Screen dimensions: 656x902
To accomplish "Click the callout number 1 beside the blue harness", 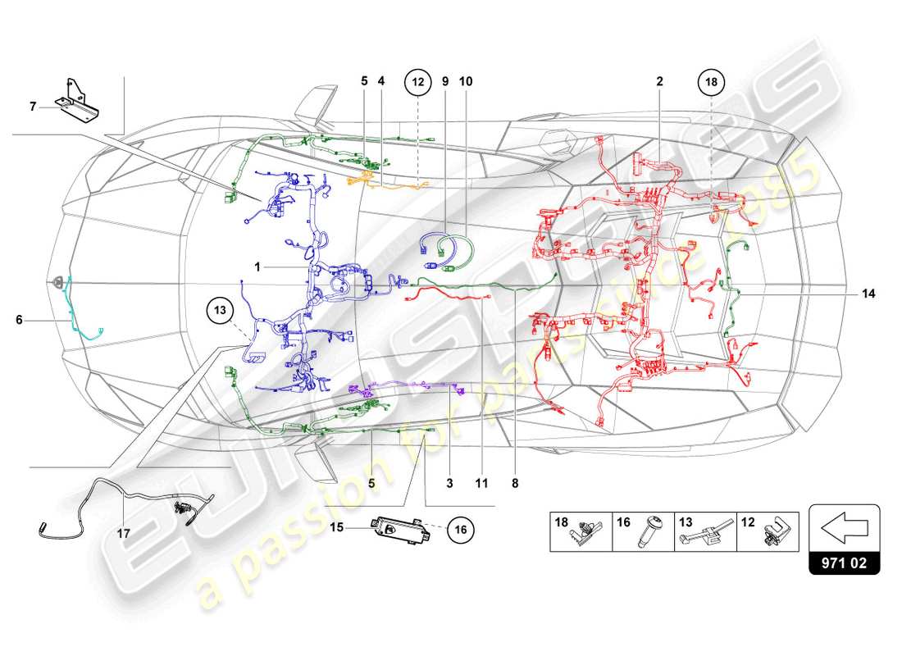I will [x=257, y=267].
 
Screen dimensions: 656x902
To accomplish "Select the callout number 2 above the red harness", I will [x=659, y=82].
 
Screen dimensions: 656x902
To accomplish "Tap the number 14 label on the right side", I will [x=868, y=293].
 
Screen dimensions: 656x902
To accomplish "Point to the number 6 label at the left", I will [x=19, y=321].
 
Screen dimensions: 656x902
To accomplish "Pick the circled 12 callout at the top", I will [x=417, y=82].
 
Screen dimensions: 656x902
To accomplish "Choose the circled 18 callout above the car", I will [x=711, y=82].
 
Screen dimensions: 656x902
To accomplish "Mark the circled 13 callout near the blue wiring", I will [x=220, y=310].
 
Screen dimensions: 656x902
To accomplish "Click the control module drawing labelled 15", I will [x=399, y=527].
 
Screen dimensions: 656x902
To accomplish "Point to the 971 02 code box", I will [x=844, y=564].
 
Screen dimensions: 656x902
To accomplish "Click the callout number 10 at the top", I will [x=466, y=82].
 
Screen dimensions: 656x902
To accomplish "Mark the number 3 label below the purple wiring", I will [x=449, y=484].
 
